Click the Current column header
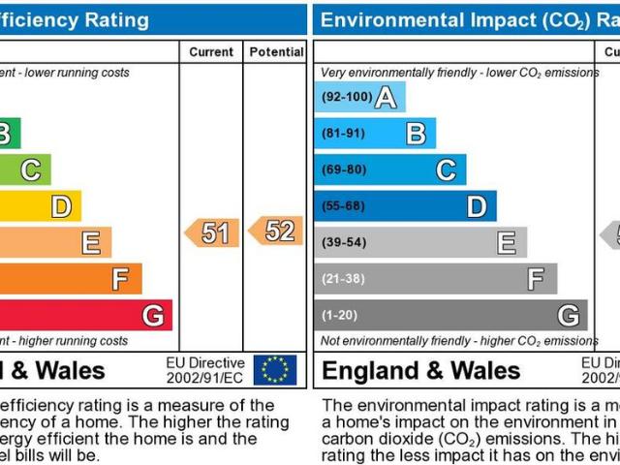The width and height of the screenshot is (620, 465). (211, 51)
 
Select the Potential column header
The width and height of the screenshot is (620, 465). (276, 51)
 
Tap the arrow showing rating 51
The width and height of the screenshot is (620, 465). (211, 232)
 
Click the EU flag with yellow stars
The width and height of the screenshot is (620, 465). (275, 369)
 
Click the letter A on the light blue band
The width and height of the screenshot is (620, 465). (386, 97)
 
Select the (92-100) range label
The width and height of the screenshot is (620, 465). (346, 97)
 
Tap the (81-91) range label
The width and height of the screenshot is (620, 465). (344, 134)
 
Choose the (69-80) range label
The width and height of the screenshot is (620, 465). (344, 170)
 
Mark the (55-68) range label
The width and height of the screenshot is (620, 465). (344, 206)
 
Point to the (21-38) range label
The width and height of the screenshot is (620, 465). (344, 280)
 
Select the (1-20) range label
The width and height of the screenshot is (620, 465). (341, 316)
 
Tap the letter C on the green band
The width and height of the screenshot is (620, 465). (30, 170)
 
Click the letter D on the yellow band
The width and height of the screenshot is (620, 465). (60, 206)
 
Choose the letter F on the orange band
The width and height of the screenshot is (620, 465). (120, 280)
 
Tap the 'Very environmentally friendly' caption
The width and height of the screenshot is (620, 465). (455, 73)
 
